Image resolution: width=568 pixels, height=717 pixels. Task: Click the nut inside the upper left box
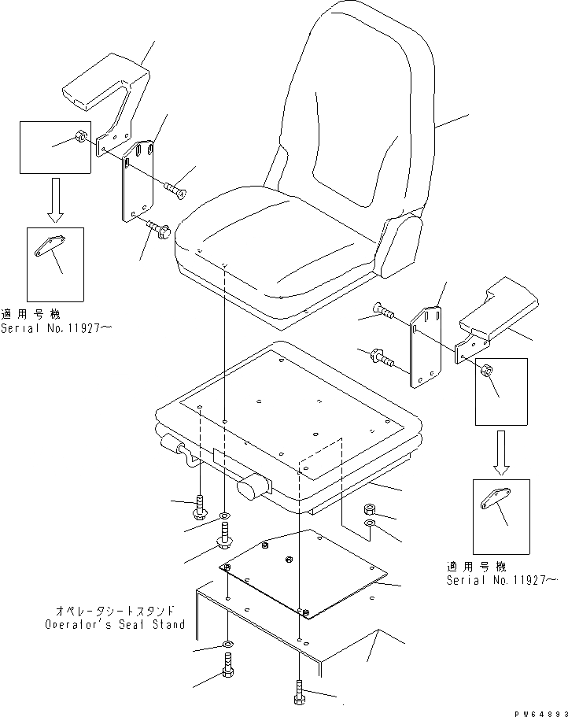(x=80, y=140)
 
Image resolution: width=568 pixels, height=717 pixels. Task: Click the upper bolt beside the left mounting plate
(x=176, y=188)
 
